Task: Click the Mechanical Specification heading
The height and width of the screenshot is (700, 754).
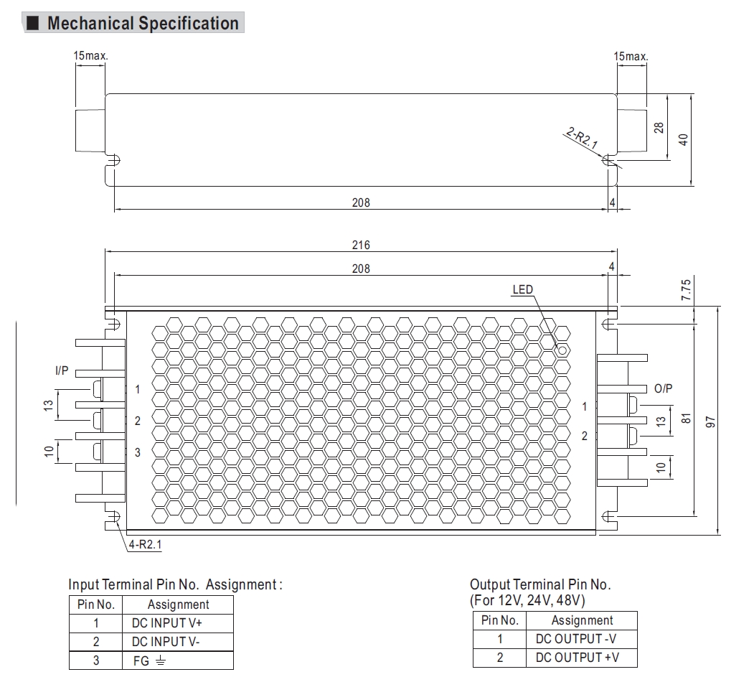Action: click(x=142, y=23)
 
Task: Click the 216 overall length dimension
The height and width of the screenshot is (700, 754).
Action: click(x=361, y=245)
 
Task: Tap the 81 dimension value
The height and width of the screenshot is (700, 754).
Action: click(x=686, y=417)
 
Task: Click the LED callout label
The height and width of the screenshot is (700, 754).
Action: click(x=523, y=289)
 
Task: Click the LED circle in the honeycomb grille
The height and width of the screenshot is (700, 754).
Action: click(x=562, y=350)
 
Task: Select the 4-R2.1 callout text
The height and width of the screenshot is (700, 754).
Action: click(x=146, y=545)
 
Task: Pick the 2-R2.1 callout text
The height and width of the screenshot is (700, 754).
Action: click(x=582, y=138)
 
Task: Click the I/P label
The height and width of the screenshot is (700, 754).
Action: click(x=62, y=371)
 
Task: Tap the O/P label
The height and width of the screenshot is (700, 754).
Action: click(x=664, y=388)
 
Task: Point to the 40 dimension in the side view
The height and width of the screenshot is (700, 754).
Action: click(x=684, y=139)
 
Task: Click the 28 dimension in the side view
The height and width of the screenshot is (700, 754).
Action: click(x=659, y=127)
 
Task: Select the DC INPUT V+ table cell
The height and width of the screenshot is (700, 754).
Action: click(x=167, y=623)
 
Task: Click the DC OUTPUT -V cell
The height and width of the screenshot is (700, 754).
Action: click(x=577, y=638)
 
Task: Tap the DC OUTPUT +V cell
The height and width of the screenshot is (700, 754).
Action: click(x=577, y=657)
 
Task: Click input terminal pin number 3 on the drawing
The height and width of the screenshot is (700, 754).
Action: click(x=138, y=452)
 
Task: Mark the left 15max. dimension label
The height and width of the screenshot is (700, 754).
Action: click(x=91, y=56)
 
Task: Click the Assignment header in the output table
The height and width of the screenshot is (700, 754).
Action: click(x=582, y=620)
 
